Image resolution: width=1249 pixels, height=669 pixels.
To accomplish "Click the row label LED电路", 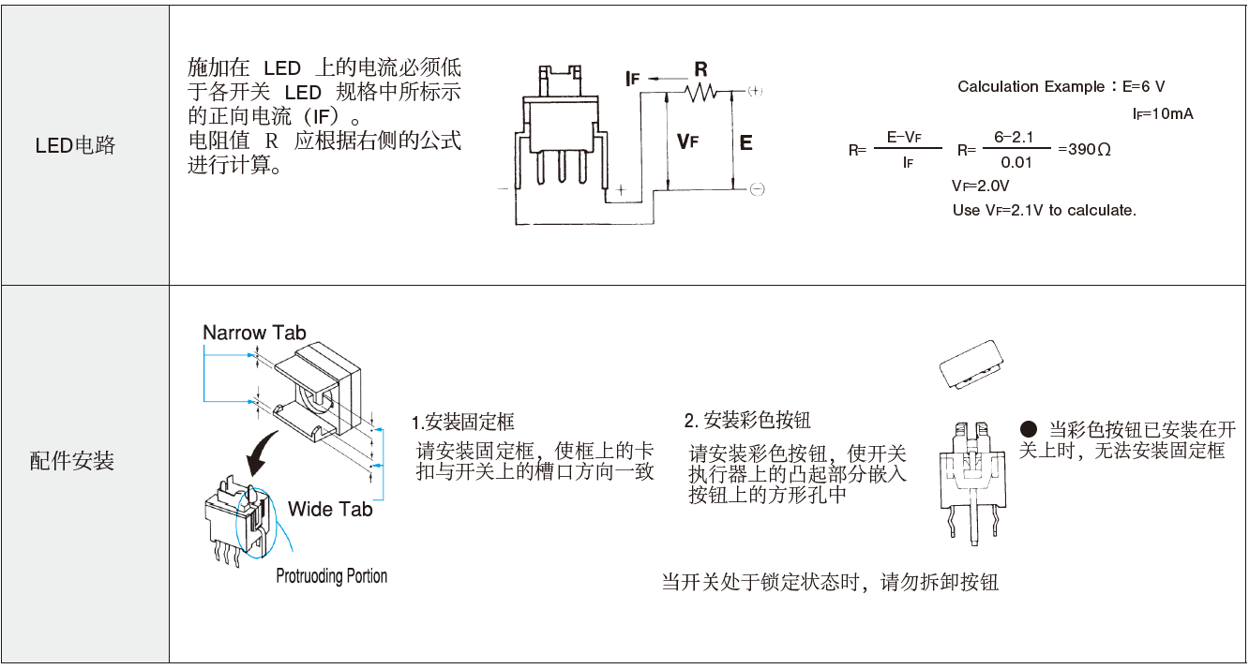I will click(x=75, y=145).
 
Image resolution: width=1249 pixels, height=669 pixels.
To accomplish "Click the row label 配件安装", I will click(x=72, y=461).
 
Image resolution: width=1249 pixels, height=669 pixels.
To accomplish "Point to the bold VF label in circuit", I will click(x=687, y=141).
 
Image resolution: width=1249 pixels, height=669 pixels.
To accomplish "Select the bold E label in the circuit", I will click(x=745, y=142).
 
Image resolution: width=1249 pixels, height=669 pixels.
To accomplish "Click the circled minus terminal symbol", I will click(x=757, y=189).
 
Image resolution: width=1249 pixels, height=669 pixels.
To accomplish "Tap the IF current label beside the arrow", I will click(x=633, y=79).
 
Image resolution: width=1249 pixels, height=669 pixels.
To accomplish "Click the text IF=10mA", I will click(x=1163, y=114).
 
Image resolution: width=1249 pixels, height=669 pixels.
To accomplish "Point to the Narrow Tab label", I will click(x=254, y=333).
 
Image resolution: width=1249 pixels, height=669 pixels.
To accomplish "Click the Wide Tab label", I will click(x=330, y=509).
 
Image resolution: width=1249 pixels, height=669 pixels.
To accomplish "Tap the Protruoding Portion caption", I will click(x=331, y=575).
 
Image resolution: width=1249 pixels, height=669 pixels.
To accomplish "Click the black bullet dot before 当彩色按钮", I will click(x=1029, y=429).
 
